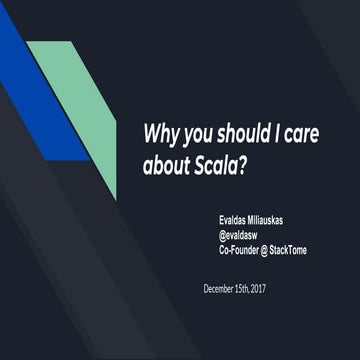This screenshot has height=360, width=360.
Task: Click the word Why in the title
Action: pyautogui.click(x=162, y=133)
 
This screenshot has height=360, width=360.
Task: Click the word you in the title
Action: pyautogui.click(x=196, y=133)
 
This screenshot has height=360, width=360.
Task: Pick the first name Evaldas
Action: pyautogui.click(x=238, y=214)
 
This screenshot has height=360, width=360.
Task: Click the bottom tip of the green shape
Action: pyautogui.click(x=114, y=197)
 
